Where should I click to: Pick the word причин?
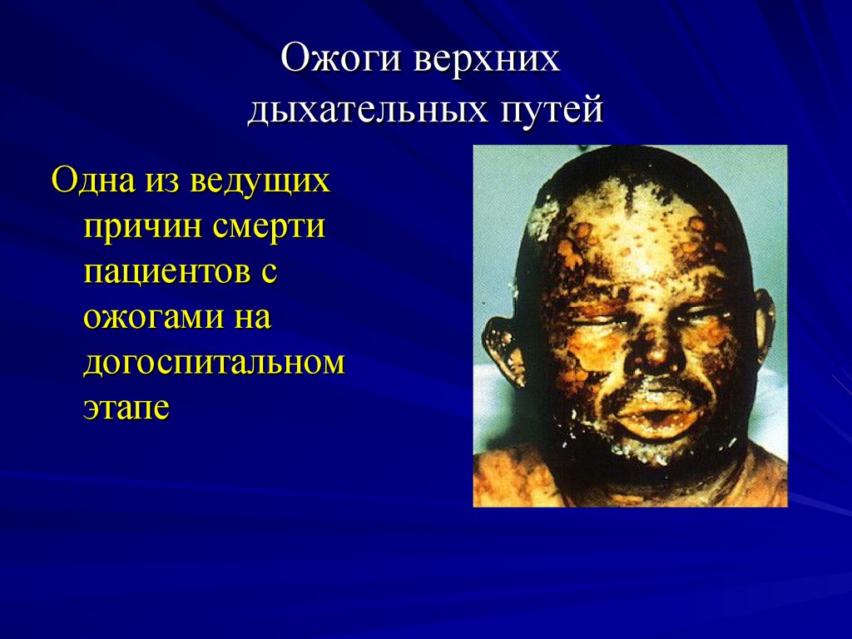click(141, 226)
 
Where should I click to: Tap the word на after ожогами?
click(250, 318)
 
